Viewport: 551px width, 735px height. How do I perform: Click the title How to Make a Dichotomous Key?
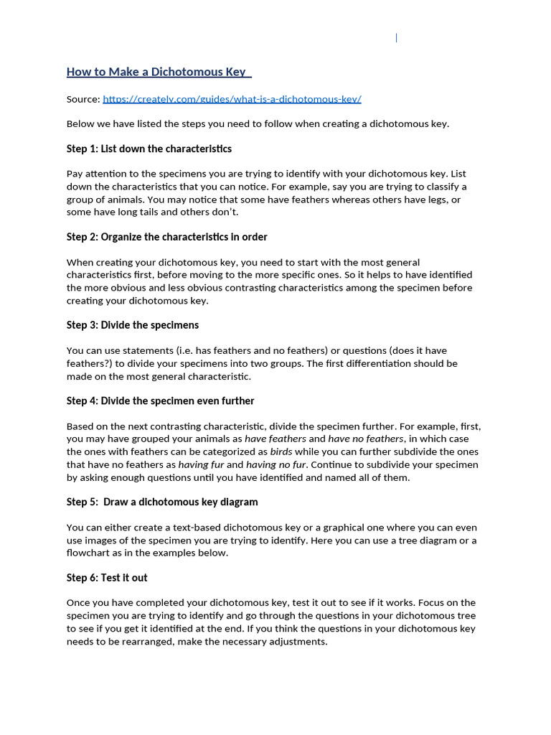[x=156, y=72]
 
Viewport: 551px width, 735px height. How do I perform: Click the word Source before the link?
[x=83, y=98]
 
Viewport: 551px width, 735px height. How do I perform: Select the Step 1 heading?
[x=149, y=149]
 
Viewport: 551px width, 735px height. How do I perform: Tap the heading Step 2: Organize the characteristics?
[x=166, y=237]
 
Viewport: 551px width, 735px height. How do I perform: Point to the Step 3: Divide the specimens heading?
[x=133, y=325]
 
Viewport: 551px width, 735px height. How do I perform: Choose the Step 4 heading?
[x=160, y=401]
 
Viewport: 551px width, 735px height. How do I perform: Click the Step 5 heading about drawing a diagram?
[x=162, y=502]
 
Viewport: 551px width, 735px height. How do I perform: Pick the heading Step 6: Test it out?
[x=107, y=577]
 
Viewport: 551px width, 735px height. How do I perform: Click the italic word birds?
[x=281, y=452]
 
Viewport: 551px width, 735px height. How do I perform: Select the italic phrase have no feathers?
[x=366, y=439]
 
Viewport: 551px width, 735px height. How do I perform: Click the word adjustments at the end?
[x=298, y=641]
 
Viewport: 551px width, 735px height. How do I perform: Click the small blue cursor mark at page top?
[x=397, y=37]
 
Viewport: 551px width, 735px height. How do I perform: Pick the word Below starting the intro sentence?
[x=81, y=123]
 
